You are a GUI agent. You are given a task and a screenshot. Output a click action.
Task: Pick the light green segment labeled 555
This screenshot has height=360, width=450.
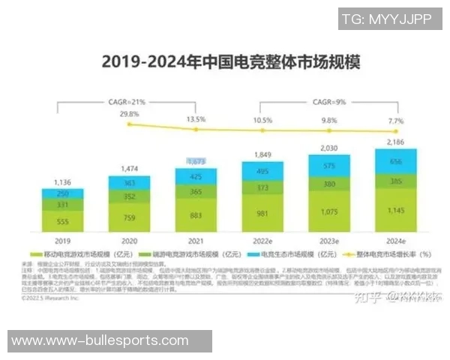pos(62,221)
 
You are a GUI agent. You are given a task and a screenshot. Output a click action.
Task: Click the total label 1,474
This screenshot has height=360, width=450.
pos(129,169)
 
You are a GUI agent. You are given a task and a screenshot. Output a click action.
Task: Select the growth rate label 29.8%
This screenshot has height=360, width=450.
pos(129,114)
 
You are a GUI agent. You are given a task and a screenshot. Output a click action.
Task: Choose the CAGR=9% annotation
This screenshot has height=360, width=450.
pos(330,100)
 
